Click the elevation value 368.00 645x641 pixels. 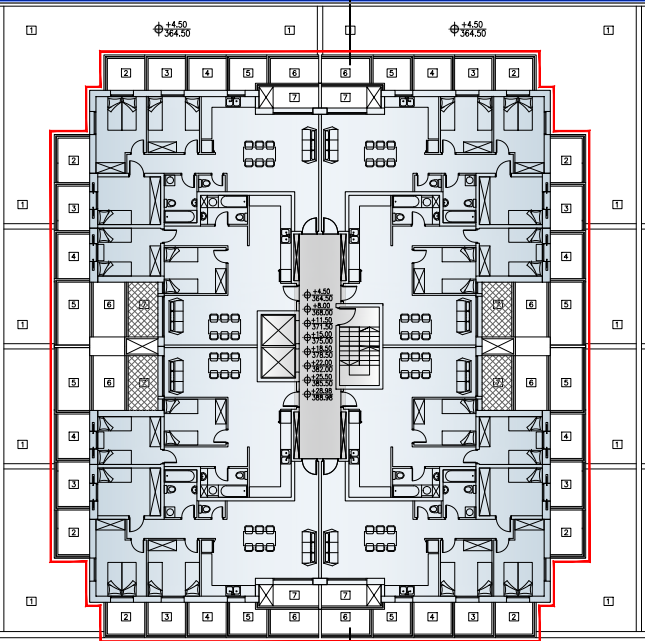tap(322, 313)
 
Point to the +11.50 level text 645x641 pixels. tap(322, 321)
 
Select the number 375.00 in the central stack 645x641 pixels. tap(322, 341)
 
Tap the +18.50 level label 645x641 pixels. tap(322, 349)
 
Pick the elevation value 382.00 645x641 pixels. tap(322, 369)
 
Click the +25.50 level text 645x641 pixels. tap(322, 377)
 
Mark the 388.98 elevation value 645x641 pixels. tap(322, 398)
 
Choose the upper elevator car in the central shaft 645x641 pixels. tap(279, 329)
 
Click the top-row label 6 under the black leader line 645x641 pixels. tap(345, 73)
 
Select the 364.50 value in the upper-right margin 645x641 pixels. tap(472, 34)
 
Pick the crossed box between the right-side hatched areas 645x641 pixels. tap(496, 345)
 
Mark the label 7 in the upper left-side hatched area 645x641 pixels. tap(144, 304)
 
